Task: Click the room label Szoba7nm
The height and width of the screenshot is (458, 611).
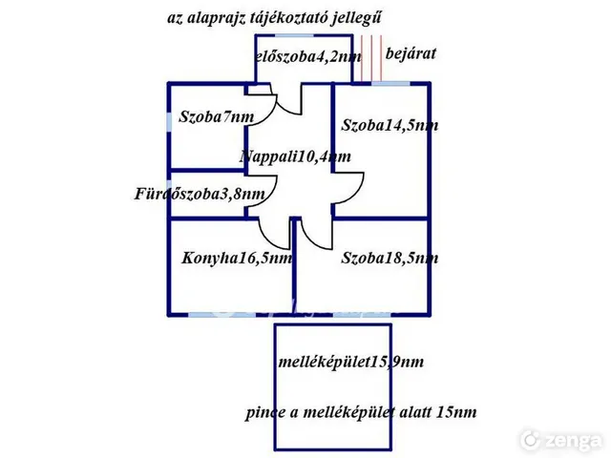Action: tap(217, 116)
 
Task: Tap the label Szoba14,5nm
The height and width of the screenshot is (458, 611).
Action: tap(390, 125)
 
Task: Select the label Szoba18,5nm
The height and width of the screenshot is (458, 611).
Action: tap(390, 258)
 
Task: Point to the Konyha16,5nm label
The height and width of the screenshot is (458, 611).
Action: tap(237, 259)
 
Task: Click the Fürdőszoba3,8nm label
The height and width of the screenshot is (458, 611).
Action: tap(200, 194)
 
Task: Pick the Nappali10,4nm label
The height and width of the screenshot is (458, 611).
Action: tap(296, 156)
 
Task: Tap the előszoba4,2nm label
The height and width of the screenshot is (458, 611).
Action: tap(308, 57)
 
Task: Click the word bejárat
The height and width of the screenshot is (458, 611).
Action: tap(411, 53)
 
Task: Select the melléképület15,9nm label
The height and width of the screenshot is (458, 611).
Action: tap(351, 362)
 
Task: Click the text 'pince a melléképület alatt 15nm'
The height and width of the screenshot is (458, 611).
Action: tap(361, 412)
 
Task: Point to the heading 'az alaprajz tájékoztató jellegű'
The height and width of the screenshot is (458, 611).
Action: tap(274, 18)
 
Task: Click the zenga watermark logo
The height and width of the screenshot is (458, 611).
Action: tap(561, 440)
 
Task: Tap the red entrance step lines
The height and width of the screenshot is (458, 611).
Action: tap(371, 57)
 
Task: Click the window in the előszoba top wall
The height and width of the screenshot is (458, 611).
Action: tap(295, 35)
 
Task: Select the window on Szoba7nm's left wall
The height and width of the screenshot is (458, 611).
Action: tap(169, 122)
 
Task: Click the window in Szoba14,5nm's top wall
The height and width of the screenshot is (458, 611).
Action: tap(390, 83)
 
